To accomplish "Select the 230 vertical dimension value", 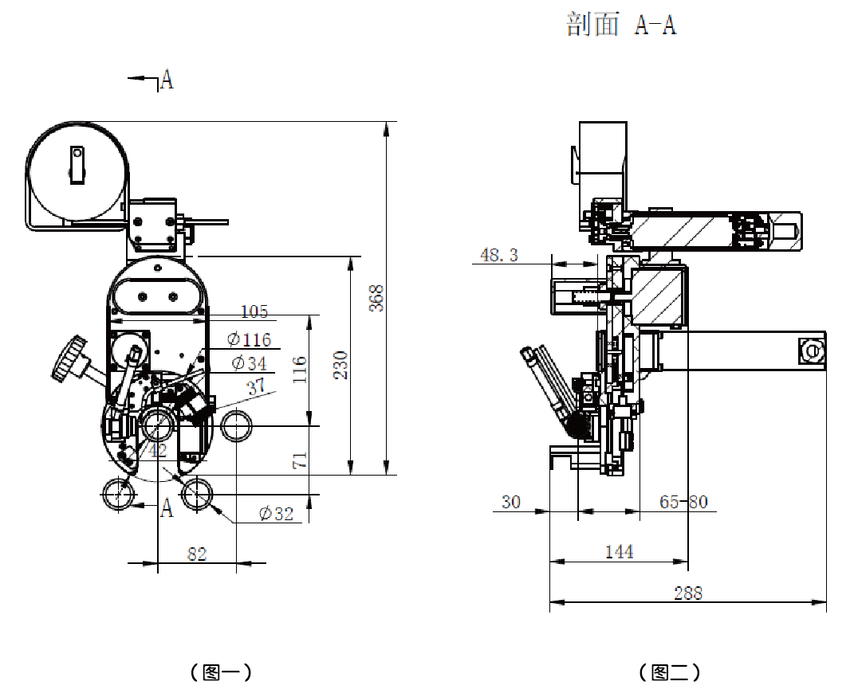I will pos(341,364).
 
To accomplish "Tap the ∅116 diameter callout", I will pos(249,339).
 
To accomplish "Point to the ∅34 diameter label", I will pos(249,363).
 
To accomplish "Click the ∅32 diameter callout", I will pos(276,514).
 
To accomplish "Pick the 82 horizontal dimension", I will pos(196,554).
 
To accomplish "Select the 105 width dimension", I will pos(254,311).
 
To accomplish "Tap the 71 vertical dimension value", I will pos(300,460).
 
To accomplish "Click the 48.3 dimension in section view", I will pos(498,255).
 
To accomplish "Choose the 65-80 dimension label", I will pos(683,502).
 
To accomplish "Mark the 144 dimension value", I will pos(620,551).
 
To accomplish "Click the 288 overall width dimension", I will pos(688,593).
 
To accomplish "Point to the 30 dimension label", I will pos(510,502).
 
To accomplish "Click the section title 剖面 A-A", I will pos(621,25).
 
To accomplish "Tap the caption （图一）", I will pos(221,672).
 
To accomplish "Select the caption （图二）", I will pos(670,672).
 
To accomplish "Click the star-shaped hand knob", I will pos(69,358).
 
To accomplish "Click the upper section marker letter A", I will pos(167,79).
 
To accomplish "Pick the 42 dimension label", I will pos(158,451).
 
